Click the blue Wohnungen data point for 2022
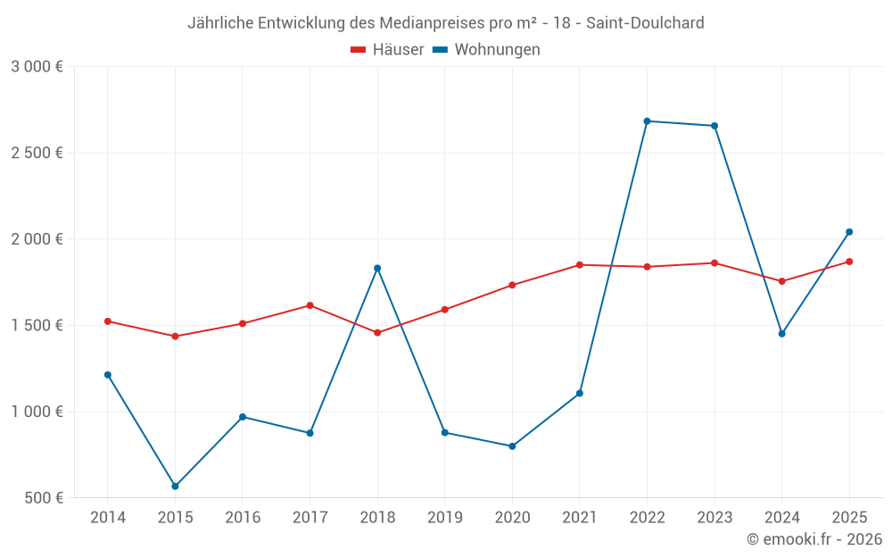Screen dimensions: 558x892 tap(647, 121)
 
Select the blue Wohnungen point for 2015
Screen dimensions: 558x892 tap(175, 487)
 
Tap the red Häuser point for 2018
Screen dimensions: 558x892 tap(377, 333)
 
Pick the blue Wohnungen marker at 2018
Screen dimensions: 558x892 tap(377, 268)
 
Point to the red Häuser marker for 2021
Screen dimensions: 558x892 tap(579, 265)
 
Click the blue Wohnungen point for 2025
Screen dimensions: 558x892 tap(849, 232)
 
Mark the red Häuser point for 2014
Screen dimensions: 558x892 tap(108, 321)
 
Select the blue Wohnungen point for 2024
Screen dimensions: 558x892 tap(781, 334)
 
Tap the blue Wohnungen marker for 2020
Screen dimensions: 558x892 tap(512, 446)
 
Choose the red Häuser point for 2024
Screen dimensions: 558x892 tap(781, 281)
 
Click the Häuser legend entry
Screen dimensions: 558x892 tap(387, 50)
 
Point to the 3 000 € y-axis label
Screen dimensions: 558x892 tap(37, 67)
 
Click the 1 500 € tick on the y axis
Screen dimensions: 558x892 tap(37, 326)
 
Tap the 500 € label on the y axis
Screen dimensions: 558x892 tap(43, 498)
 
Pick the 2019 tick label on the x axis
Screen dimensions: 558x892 tap(444, 518)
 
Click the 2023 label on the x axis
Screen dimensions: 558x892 tap(714, 518)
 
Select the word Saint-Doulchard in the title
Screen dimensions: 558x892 tap(645, 23)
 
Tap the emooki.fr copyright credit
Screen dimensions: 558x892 tap(814, 539)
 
